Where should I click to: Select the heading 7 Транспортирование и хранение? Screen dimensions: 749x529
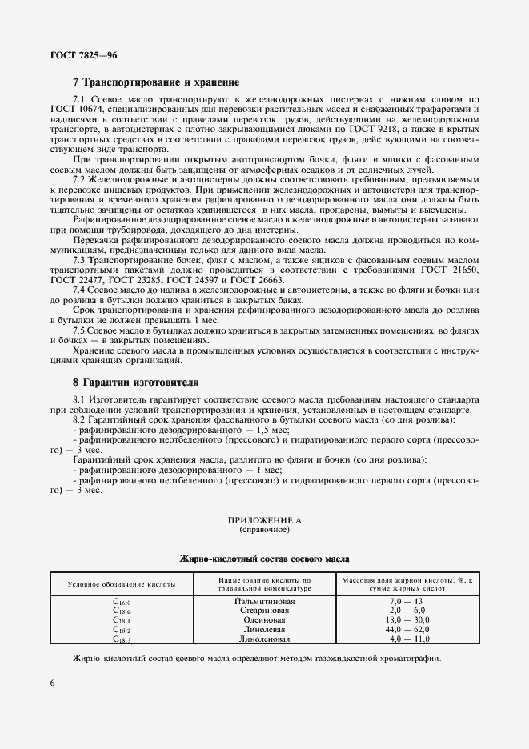[x=155, y=82]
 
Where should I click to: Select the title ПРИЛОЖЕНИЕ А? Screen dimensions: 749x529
[x=264, y=520]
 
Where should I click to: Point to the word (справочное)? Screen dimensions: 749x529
[x=264, y=530]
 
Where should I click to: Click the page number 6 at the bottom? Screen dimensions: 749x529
[x=52, y=682]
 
